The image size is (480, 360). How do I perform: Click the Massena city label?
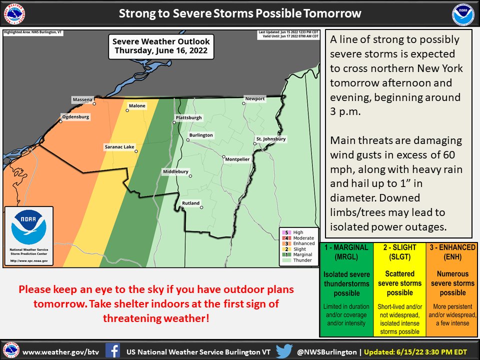(x=82, y=99)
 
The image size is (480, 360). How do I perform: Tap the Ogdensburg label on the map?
(x=75, y=117)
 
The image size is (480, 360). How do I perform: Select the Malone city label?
(x=137, y=106)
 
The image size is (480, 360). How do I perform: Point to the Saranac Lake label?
(x=119, y=147)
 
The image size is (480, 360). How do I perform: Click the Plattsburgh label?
(x=188, y=118)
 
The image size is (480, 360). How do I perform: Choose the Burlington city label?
(x=200, y=135)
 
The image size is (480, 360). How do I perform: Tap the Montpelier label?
(x=237, y=159)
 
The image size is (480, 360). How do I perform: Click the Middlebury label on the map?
(x=175, y=172)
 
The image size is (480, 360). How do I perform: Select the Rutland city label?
(x=190, y=203)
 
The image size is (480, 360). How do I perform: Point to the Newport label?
(x=254, y=99)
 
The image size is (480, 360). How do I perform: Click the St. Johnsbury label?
(x=271, y=139)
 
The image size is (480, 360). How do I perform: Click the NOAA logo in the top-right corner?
(x=462, y=15)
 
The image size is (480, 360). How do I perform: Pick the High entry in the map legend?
(x=298, y=232)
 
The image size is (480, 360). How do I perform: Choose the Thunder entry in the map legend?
(x=301, y=260)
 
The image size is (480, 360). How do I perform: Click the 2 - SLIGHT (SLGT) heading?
(x=399, y=252)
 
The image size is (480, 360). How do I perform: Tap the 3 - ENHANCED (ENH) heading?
(x=452, y=252)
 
